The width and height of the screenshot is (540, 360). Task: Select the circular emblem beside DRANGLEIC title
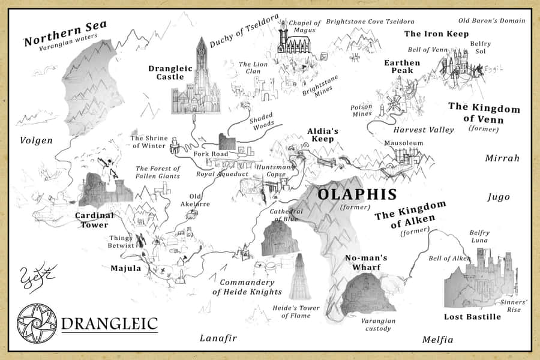click(37, 324)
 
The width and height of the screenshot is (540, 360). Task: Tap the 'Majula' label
click(126, 268)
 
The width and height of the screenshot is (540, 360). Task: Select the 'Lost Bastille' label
click(472, 316)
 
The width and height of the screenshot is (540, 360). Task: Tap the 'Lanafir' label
click(218, 338)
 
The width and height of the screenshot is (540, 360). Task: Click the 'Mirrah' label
click(502, 158)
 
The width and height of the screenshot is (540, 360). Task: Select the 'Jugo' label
click(499, 196)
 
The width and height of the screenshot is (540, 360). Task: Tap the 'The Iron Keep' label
click(436, 34)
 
